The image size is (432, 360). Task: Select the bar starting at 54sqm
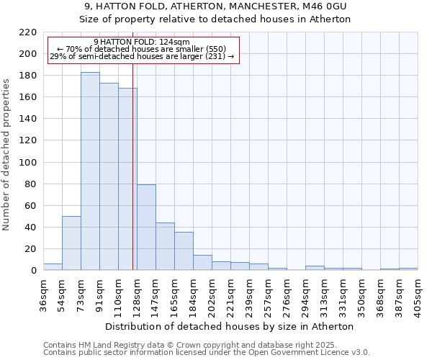click(x=71, y=243)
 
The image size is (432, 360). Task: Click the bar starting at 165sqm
click(x=184, y=251)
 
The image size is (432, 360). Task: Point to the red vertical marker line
click(x=133, y=180)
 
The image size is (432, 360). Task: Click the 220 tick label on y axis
click(x=28, y=32)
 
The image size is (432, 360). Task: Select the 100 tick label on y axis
click(x=28, y=163)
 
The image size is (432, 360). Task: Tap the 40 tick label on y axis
click(x=31, y=228)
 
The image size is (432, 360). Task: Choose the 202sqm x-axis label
click(x=212, y=295)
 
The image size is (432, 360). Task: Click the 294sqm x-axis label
click(x=305, y=295)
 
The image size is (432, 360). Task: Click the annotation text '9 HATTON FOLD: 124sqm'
click(x=142, y=42)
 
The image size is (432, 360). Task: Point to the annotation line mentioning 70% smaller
click(x=142, y=49)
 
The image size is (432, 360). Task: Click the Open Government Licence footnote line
click(x=207, y=352)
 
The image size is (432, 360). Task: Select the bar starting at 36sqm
click(x=53, y=267)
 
